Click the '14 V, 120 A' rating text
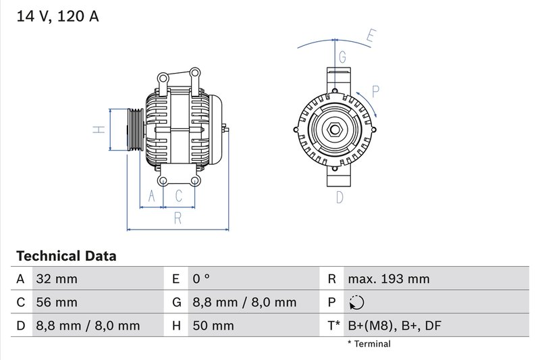click(x=57, y=17)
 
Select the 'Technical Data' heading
click(x=66, y=256)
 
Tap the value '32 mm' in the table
click(x=55, y=279)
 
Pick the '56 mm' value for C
click(x=55, y=302)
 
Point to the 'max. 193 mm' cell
click(x=388, y=279)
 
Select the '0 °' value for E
click(x=200, y=279)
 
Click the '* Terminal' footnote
click(x=369, y=344)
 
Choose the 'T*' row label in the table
click(x=333, y=326)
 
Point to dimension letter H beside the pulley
click(x=98, y=129)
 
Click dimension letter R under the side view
click(x=178, y=217)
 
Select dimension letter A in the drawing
click(x=152, y=196)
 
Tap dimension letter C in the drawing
click(x=179, y=196)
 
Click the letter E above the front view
click(x=371, y=36)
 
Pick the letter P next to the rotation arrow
click(x=376, y=91)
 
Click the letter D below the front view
click(x=340, y=197)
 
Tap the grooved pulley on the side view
click(x=134, y=129)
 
